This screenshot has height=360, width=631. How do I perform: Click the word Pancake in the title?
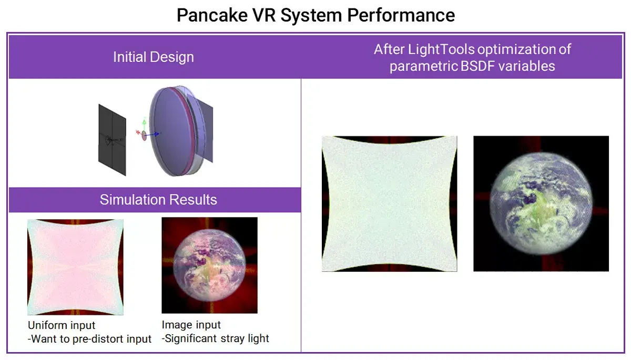tap(212, 15)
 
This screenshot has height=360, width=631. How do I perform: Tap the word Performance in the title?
tap(401, 15)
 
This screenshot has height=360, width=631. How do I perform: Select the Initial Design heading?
tap(154, 57)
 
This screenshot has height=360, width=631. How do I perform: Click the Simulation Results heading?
tap(158, 200)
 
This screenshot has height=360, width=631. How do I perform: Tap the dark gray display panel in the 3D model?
tap(112, 140)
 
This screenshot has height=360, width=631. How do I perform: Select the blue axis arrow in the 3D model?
tap(152, 135)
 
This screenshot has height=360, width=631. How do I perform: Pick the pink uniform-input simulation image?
tap(75, 267)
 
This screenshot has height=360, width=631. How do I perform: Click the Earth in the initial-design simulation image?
tap(209, 265)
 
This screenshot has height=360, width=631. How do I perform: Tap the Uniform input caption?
tap(62, 325)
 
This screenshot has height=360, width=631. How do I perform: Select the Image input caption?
tap(191, 325)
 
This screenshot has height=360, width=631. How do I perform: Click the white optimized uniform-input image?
tap(390, 204)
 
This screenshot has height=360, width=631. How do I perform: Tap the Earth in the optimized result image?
tap(541, 203)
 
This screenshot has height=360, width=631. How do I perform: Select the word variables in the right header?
tap(527, 66)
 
